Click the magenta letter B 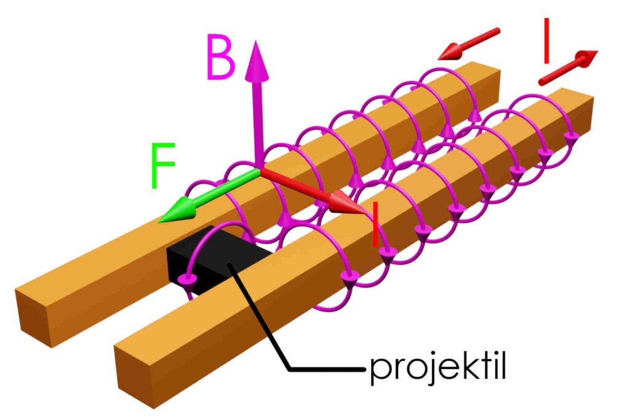tap(221, 57)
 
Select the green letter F tap(162, 165)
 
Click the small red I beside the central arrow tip tap(375, 225)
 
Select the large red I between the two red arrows tap(546, 41)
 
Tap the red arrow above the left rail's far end tap(469, 44)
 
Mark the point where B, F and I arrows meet tap(259, 171)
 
